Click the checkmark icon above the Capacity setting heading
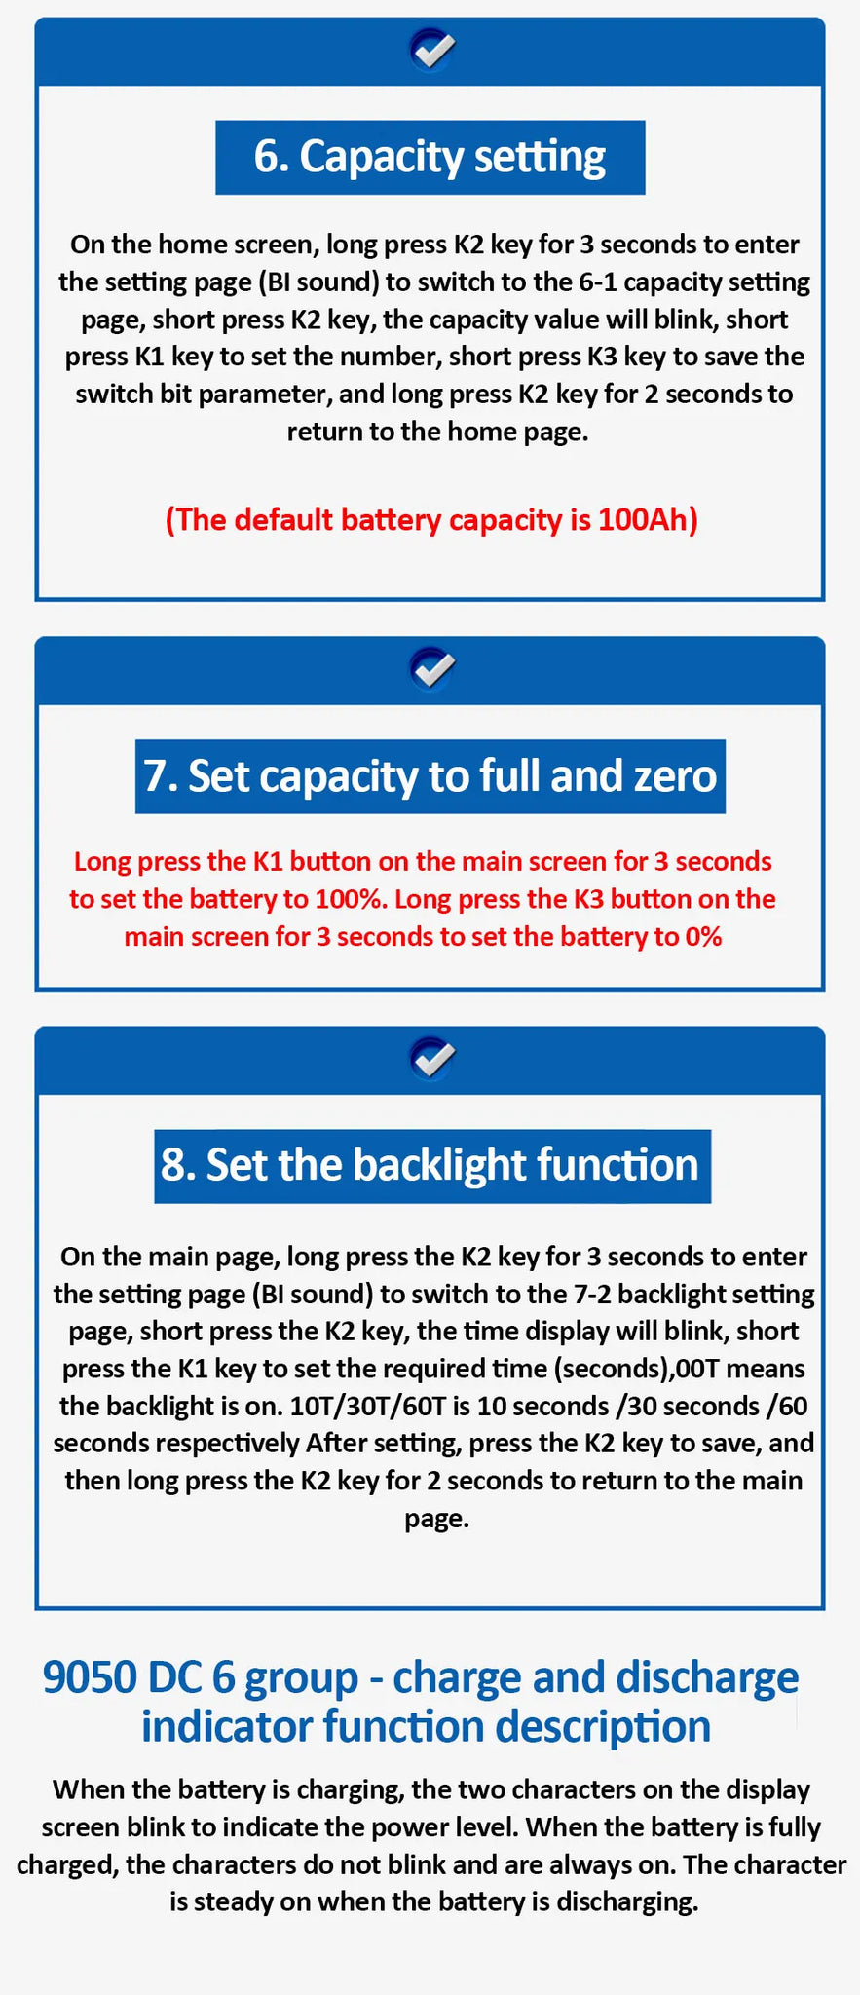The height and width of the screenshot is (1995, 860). (x=432, y=48)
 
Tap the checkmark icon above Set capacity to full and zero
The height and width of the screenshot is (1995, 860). (x=432, y=667)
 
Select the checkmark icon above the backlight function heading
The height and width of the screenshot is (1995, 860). (x=432, y=1058)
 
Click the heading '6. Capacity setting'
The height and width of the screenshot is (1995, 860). (x=430, y=157)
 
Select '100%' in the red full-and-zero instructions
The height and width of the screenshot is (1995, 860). (x=351, y=899)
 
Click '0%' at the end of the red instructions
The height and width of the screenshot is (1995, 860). (x=703, y=937)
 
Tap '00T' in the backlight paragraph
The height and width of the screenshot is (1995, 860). (x=697, y=1369)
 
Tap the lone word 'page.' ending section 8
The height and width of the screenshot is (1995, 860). (x=437, y=1520)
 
